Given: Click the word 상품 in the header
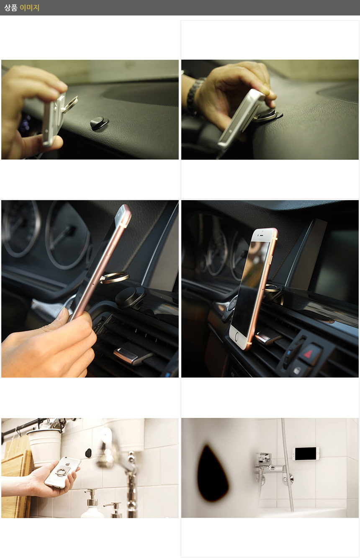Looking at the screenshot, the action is (x=11, y=8).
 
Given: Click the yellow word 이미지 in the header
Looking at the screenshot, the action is (x=29, y=8).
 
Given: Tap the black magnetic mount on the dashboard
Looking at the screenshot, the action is (x=99, y=123).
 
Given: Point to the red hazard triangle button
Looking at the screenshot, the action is (x=309, y=353).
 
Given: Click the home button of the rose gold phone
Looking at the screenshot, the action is (x=237, y=338).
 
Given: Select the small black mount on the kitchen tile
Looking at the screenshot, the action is (x=88, y=453).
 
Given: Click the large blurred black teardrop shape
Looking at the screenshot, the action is (x=213, y=472).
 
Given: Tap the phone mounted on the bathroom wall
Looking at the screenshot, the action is (x=306, y=453).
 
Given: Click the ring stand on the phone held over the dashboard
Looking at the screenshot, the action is (x=70, y=105).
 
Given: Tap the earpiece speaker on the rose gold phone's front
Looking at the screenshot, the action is (x=261, y=235).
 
